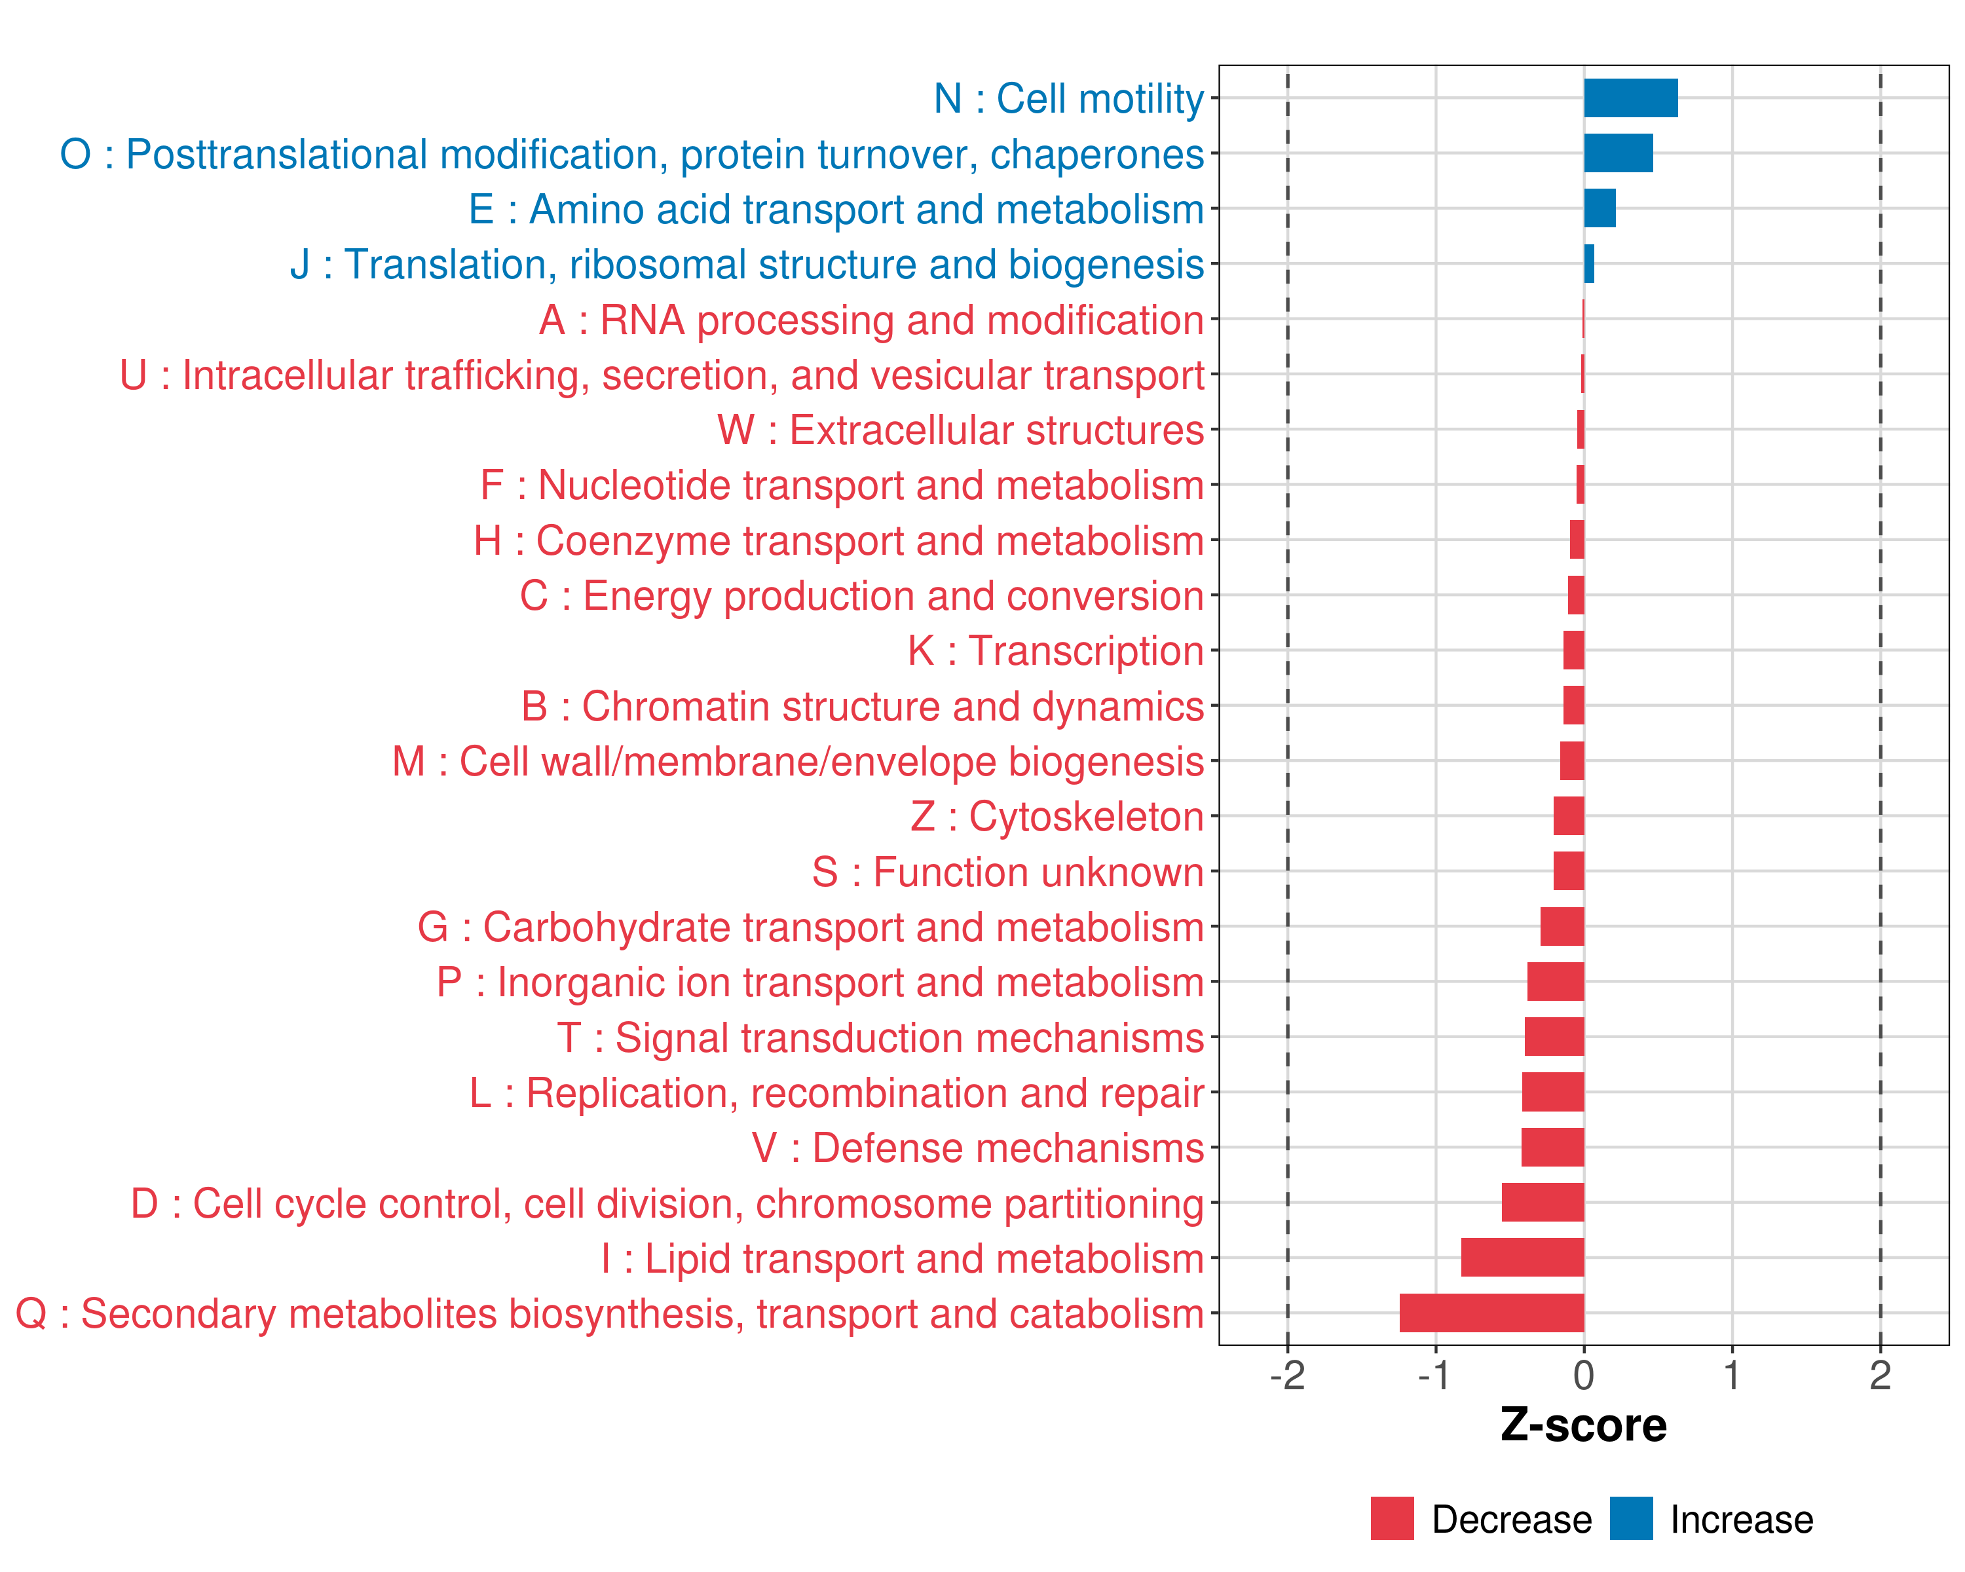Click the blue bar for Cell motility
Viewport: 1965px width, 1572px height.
pos(1630,98)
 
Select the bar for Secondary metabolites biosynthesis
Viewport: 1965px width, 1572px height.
pos(1492,1313)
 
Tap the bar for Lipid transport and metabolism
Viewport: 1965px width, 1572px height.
pos(1522,1258)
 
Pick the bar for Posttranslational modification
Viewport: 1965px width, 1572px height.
pos(1618,153)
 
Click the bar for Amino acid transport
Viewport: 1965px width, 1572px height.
pos(1600,209)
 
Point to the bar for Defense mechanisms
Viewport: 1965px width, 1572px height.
pos(1552,1148)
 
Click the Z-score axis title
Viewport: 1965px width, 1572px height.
pos(1583,1425)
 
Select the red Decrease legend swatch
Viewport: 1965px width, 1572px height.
pos(1392,1518)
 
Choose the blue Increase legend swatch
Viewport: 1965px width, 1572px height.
pos(1630,1518)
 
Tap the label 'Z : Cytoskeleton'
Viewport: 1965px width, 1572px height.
pos(1057,817)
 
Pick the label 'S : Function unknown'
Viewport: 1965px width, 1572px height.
pos(1008,872)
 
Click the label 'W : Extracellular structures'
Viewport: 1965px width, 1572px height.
pos(961,430)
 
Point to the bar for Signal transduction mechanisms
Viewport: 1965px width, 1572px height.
pos(1554,1037)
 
